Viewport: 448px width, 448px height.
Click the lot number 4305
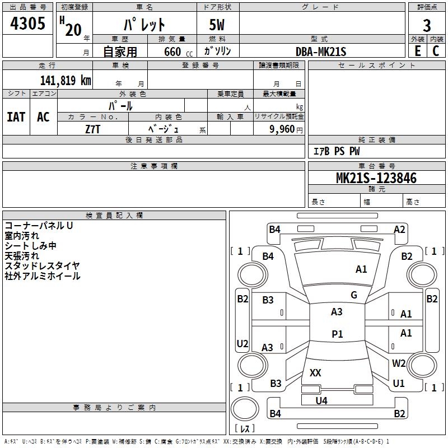click(27, 25)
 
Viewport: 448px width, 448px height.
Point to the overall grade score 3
click(427, 25)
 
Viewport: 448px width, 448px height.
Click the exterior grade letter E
click(417, 51)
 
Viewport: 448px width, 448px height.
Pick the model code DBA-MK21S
click(321, 52)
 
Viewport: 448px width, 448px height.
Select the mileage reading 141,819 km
click(65, 80)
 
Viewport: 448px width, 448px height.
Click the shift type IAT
click(16, 117)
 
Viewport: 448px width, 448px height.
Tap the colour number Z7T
click(93, 129)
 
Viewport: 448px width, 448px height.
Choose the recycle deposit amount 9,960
click(282, 129)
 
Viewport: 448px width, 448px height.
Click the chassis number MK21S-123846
click(376, 179)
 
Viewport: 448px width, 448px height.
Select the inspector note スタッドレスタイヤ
click(42, 265)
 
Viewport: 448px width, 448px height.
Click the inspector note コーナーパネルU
click(39, 226)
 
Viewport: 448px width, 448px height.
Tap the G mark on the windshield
click(354, 295)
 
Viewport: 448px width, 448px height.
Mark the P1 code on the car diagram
click(337, 334)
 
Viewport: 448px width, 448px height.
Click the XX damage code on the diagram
click(315, 372)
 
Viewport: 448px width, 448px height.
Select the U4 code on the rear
click(321, 400)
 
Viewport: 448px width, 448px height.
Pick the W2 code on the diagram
click(399, 363)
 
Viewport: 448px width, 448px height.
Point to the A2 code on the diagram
click(399, 229)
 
